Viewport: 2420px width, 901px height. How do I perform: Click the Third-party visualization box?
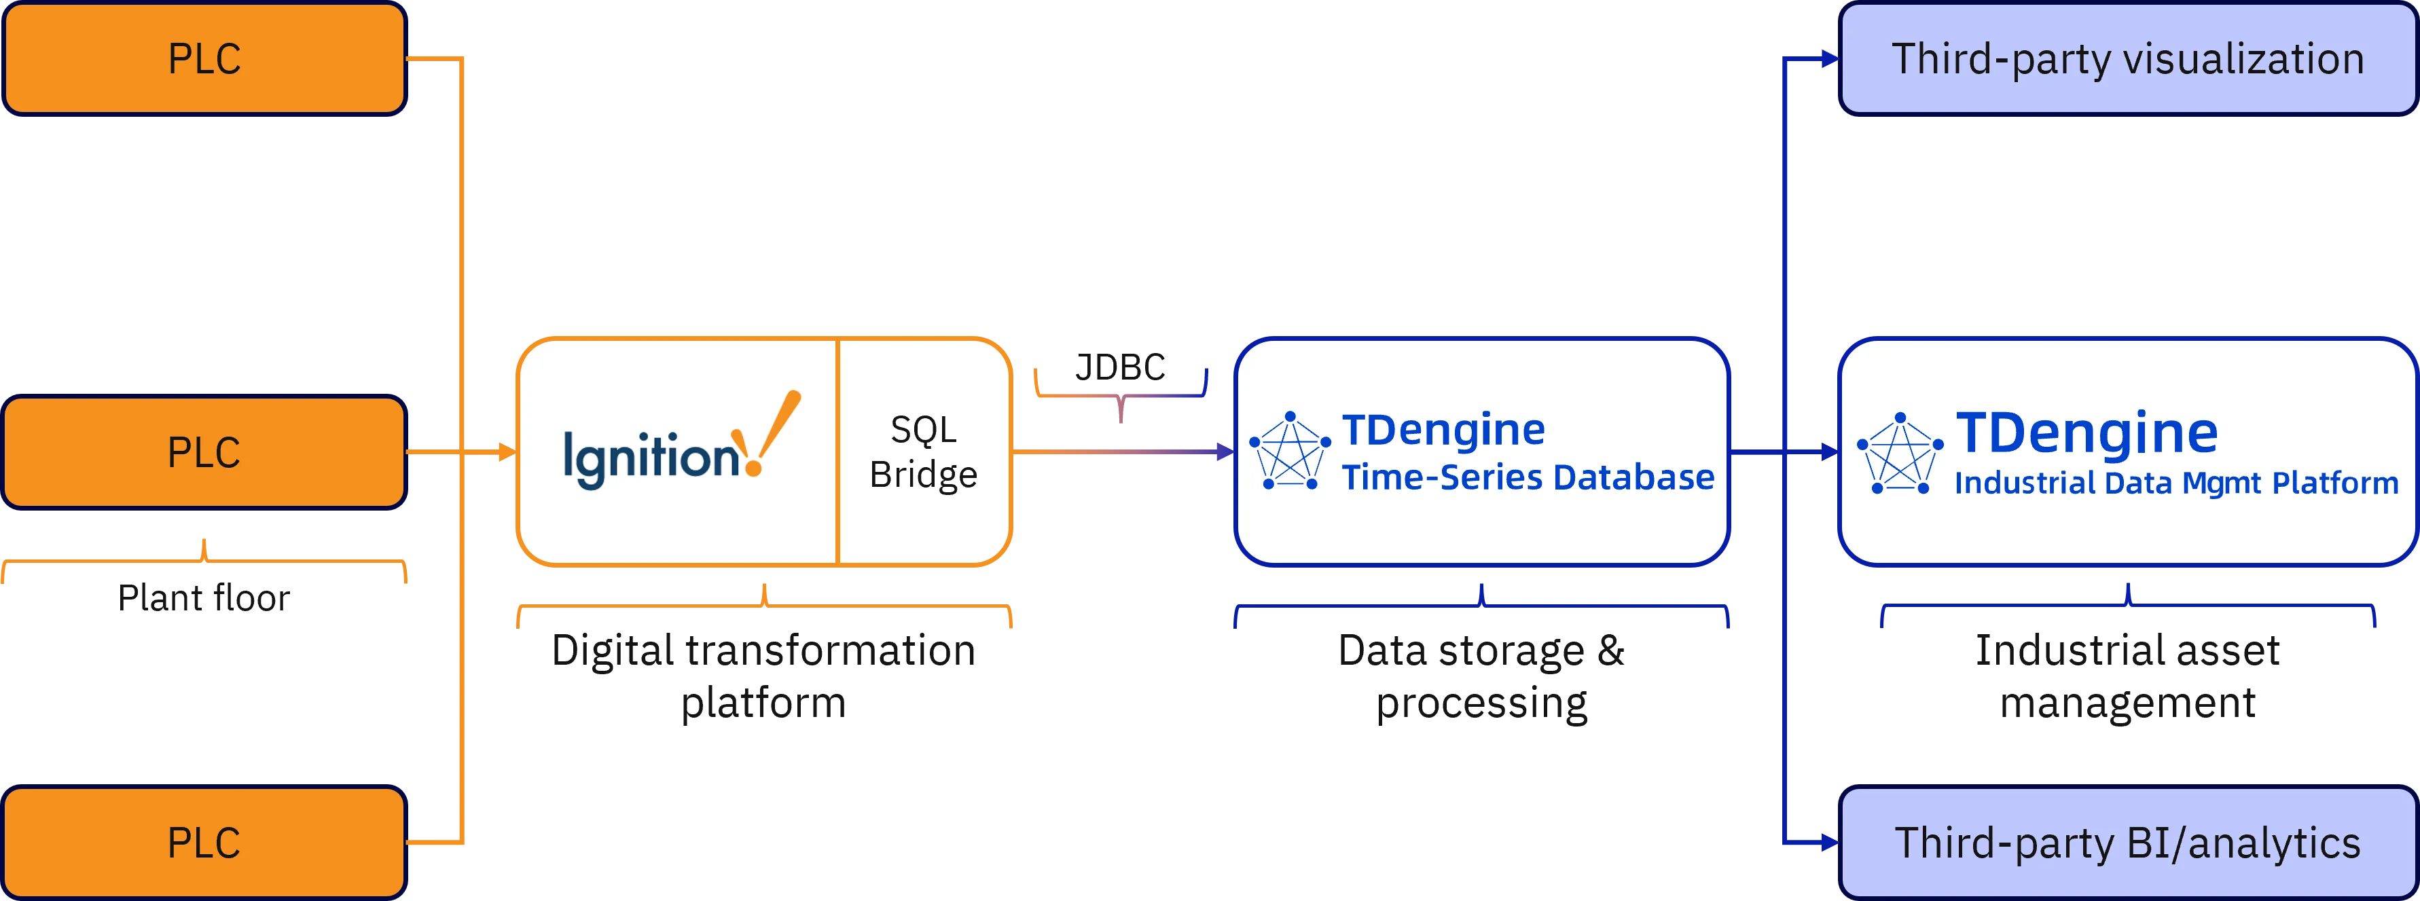point(2128,58)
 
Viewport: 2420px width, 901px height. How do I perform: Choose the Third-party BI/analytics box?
point(2128,843)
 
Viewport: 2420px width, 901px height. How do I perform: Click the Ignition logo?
point(682,440)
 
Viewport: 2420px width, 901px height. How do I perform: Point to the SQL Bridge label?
point(924,452)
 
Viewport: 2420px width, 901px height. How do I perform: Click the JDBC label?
point(1120,367)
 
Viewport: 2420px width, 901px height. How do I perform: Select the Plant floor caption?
point(204,597)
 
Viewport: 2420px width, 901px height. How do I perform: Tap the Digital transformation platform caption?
point(764,676)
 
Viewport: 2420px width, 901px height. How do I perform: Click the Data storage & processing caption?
point(1481,676)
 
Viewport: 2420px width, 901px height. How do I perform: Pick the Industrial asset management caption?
point(2128,676)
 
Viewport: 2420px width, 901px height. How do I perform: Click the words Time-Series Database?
point(1528,477)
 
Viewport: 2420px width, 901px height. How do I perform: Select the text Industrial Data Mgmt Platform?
point(2177,483)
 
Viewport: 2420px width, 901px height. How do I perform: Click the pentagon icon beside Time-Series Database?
point(1290,451)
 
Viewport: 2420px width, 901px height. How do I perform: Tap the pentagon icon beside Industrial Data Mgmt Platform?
point(1900,453)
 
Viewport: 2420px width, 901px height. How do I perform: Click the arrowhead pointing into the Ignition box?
point(507,452)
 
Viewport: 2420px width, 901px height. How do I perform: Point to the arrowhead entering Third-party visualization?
point(1829,59)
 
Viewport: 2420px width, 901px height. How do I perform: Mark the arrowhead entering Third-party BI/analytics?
point(1829,843)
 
